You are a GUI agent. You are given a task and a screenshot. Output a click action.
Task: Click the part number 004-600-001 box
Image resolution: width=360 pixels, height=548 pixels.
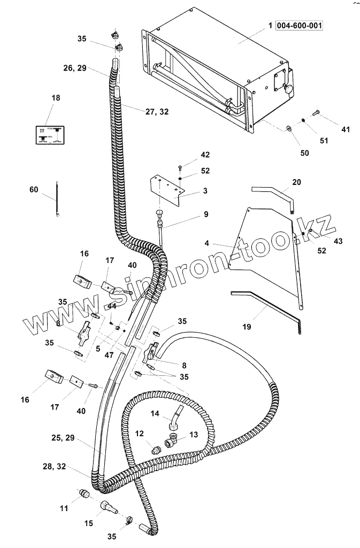300,25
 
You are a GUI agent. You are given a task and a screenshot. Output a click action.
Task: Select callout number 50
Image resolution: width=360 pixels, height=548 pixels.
304,153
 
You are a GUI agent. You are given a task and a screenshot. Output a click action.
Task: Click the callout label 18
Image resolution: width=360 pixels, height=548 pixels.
56,98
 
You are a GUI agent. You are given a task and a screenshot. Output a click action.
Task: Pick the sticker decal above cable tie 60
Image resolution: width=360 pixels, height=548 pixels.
49,134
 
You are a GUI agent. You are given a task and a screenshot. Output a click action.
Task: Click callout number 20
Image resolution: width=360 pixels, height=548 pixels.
296,182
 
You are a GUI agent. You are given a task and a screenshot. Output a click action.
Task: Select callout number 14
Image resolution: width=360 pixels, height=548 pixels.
155,413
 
